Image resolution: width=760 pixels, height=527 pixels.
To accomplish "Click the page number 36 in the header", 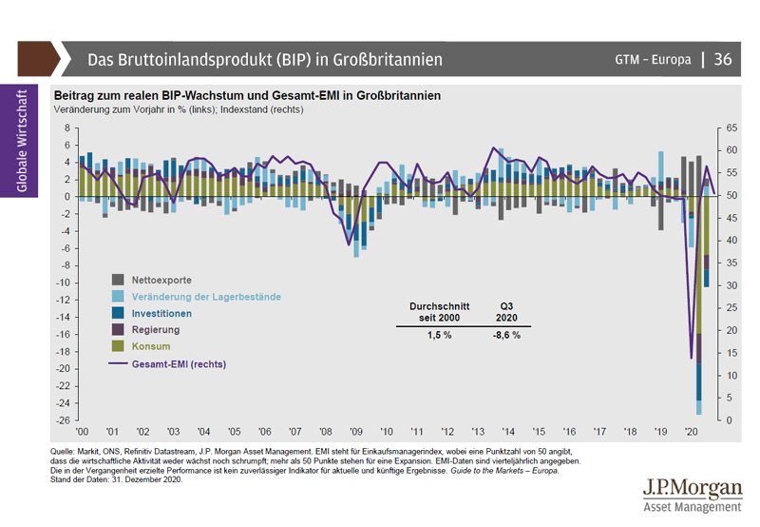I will click(722, 59).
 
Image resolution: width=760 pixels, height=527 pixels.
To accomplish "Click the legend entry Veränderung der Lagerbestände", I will click(205, 297).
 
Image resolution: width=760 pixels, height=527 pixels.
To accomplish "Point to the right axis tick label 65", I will click(731, 127).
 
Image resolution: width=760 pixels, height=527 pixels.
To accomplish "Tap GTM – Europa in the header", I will click(653, 59).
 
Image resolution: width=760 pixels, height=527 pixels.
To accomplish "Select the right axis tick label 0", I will click(729, 420).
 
